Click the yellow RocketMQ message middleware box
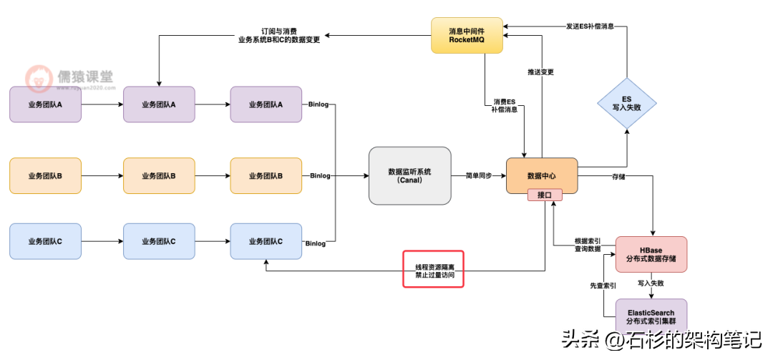click(467, 36)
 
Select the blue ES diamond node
click(626, 104)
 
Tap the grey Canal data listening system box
click(409, 175)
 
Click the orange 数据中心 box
click(541, 175)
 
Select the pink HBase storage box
click(651, 254)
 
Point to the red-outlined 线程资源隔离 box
click(434, 269)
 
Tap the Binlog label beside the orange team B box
click(319, 175)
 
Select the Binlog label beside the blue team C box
click(315, 243)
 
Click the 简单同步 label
click(479, 175)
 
